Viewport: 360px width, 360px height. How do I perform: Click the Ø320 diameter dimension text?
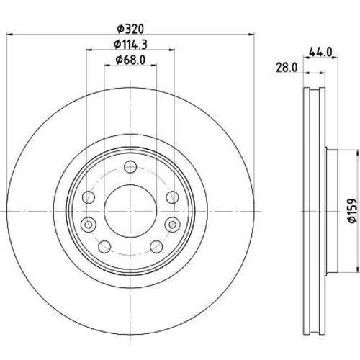[130, 29]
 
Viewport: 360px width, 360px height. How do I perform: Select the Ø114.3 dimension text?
[130, 45]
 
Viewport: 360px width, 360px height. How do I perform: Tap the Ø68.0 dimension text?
[130, 60]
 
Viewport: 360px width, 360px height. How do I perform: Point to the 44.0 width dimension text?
[320, 52]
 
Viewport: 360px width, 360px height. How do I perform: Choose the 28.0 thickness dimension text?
[287, 68]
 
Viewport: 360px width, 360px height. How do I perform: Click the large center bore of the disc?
[130, 211]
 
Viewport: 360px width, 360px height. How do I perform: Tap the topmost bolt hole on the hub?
[130, 167]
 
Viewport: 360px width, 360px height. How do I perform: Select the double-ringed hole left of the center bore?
[89, 225]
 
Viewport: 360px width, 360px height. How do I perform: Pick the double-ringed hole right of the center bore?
[172, 225]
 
